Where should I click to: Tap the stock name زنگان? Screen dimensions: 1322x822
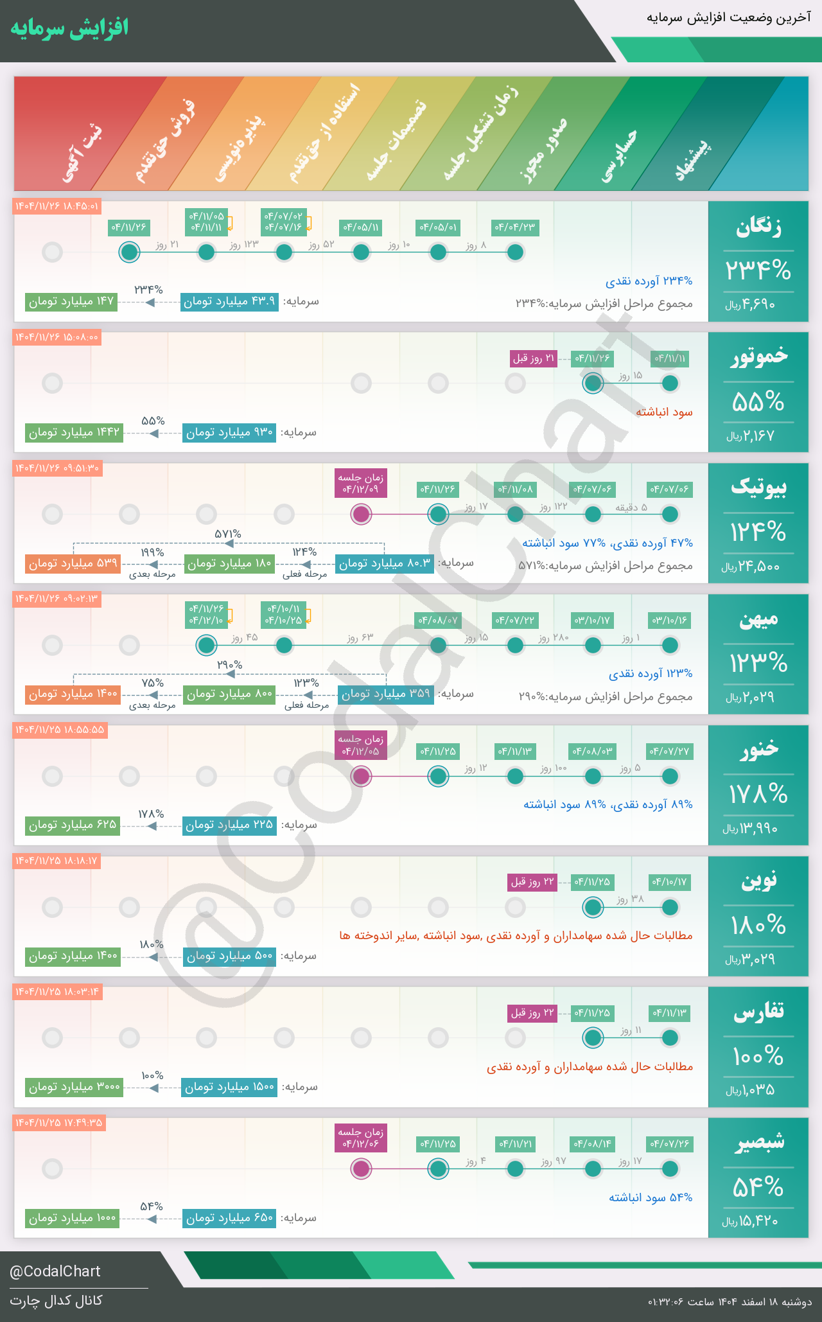(758, 227)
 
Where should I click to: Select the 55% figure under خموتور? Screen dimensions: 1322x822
(758, 402)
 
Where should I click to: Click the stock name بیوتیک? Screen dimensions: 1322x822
(758, 488)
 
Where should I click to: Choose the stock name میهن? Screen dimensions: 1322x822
(758, 619)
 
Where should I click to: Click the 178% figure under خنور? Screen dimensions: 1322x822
(758, 795)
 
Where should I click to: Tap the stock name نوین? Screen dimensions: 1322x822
(759, 880)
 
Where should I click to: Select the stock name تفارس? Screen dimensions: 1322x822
(758, 1012)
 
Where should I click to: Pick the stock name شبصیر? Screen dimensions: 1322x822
(758, 1143)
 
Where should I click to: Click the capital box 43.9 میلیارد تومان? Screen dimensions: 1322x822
(229, 301)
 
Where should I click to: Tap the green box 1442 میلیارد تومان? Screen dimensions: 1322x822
(74, 432)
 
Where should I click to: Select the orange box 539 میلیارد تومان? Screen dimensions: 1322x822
(73, 563)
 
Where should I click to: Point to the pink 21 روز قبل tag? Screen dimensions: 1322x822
(533, 358)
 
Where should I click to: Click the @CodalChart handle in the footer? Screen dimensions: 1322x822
(55, 1271)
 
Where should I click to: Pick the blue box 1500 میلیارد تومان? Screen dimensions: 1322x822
(229, 1087)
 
